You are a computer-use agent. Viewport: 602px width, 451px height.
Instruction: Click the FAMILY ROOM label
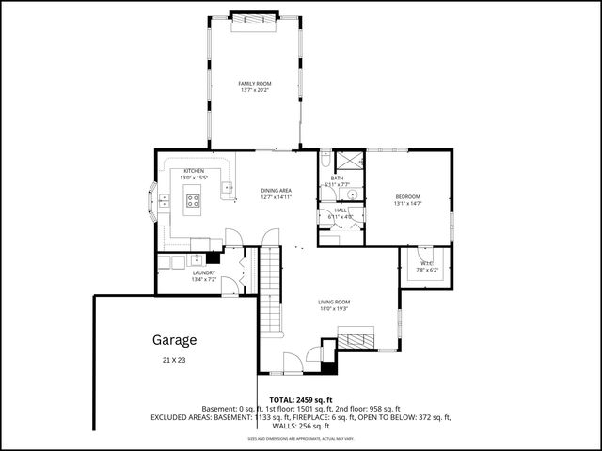[x=254, y=84]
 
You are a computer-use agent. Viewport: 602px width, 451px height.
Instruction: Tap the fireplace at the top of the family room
[x=254, y=18]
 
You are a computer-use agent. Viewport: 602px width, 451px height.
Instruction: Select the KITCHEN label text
[x=194, y=171]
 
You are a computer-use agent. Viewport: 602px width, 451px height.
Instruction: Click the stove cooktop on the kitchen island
[x=193, y=199]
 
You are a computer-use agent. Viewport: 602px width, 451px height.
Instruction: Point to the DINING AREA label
[x=276, y=191]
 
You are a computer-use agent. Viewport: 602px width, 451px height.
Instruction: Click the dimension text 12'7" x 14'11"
[x=276, y=197]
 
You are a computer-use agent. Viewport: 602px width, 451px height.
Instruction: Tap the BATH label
[x=336, y=178]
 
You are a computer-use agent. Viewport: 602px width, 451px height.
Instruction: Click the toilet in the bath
[x=348, y=194]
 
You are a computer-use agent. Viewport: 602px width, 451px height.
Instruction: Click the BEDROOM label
[x=407, y=196]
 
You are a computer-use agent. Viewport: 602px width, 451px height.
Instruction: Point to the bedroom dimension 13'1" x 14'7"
[x=407, y=203]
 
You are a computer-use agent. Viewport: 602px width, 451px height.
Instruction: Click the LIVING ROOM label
[x=335, y=302]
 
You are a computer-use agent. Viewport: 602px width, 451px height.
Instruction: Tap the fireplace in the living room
[x=356, y=339]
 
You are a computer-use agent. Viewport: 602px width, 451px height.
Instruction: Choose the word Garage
[x=175, y=339]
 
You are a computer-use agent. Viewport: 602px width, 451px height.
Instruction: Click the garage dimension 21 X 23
[x=175, y=360]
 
